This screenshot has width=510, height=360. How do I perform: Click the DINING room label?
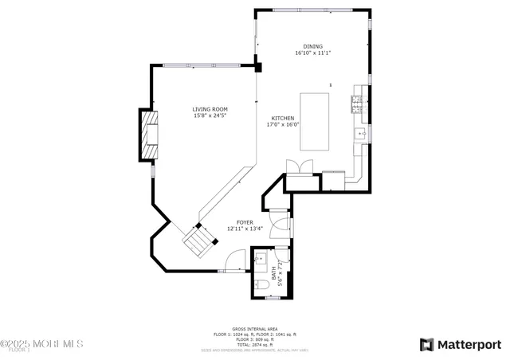[x=312, y=46]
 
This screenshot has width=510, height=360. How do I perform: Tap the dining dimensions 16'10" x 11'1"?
[x=312, y=53]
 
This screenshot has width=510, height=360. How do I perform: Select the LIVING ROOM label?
[x=210, y=109]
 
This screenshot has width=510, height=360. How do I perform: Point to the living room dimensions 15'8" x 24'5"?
[x=210, y=116]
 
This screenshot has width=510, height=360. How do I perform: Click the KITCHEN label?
[x=282, y=117]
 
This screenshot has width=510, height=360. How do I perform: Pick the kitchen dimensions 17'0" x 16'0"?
[x=282, y=124]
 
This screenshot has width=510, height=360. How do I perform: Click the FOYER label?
[x=245, y=222]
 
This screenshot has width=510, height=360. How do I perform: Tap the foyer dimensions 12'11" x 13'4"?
[x=245, y=229]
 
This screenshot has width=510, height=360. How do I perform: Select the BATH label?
[x=273, y=273]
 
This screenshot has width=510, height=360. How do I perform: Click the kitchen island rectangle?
[x=315, y=121]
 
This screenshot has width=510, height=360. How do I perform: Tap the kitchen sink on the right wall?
[x=360, y=132]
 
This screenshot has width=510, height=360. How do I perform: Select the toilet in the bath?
[x=261, y=284]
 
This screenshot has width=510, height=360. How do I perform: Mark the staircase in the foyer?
[x=199, y=238]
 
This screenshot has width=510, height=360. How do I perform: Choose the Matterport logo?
[x=461, y=344]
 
